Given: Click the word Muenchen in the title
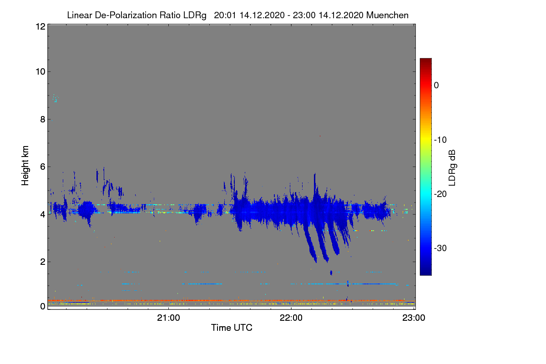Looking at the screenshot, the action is pyautogui.click(x=387, y=15).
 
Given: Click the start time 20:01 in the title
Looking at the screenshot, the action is pyautogui.click(x=225, y=15).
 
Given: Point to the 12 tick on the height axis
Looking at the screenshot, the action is pyautogui.click(x=40, y=26).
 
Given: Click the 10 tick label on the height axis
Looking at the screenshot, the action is pyautogui.click(x=40, y=72).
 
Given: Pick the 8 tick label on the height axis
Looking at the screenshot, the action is pyautogui.click(x=43, y=119).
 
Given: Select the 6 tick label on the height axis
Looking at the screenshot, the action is pyautogui.click(x=43, y=167).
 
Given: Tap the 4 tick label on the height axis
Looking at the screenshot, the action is pyautogui.click(x=43, y=215).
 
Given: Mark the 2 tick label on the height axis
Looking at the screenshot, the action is pyautogui.click(x=43, y=262).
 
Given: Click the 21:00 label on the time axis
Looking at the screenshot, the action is pyautogui.click(x=168, y=318).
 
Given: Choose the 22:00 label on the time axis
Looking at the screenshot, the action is pyautogui.click(x=291, y=318).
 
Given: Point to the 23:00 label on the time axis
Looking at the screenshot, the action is pyautogui.click(x=414, y=318).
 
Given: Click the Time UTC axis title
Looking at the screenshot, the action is pyautogui.click(x=232, y=328).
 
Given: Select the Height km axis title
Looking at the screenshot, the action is pyautogui.click(x=25, y=166).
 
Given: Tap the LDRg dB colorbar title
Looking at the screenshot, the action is pyautogui.click(x=452, y=168).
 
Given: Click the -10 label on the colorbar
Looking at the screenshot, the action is pyautogui.click(x=440, y=140).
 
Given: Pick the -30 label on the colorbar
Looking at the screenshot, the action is pyautogui.click(x=440, y=248).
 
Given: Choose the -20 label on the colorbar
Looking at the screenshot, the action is pyautogui.click(x=440, y=194).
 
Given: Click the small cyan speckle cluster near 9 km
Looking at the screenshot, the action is pyautogui.click(x=56, y=98).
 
